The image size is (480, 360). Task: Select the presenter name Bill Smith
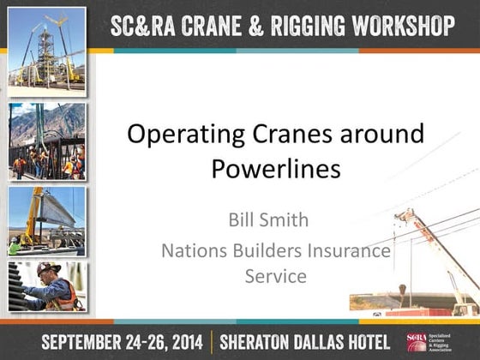268,220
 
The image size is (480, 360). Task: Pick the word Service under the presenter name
275,277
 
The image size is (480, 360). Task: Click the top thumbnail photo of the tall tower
47,51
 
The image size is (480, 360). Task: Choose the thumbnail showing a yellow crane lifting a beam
47,222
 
